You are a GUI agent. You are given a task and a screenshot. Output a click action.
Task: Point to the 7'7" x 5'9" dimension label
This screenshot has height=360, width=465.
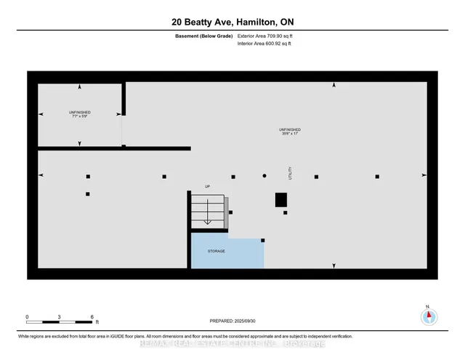(x=79, y=116)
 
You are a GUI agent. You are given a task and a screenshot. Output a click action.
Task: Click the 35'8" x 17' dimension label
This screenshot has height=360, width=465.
(x=290, y=133)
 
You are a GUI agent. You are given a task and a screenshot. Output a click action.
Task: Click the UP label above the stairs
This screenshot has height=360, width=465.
(x=208, y=187)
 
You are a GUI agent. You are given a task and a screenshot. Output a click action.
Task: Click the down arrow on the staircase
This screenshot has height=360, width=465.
(x=207, y=218)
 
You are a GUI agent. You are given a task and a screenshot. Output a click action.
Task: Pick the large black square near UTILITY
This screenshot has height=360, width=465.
(x=280, y=200)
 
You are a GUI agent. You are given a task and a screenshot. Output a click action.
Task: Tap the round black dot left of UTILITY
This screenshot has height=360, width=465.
(x=264, y=176)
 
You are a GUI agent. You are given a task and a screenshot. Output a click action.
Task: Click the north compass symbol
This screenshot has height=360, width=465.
(x=429, y=316)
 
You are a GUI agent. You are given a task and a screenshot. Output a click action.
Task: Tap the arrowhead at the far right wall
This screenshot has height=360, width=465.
(x=425, y=175)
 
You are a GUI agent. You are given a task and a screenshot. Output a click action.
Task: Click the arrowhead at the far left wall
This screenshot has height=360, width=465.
(x=41, y=175)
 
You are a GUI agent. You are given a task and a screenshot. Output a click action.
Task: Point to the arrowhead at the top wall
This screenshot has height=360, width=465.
(x=334, y=86)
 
